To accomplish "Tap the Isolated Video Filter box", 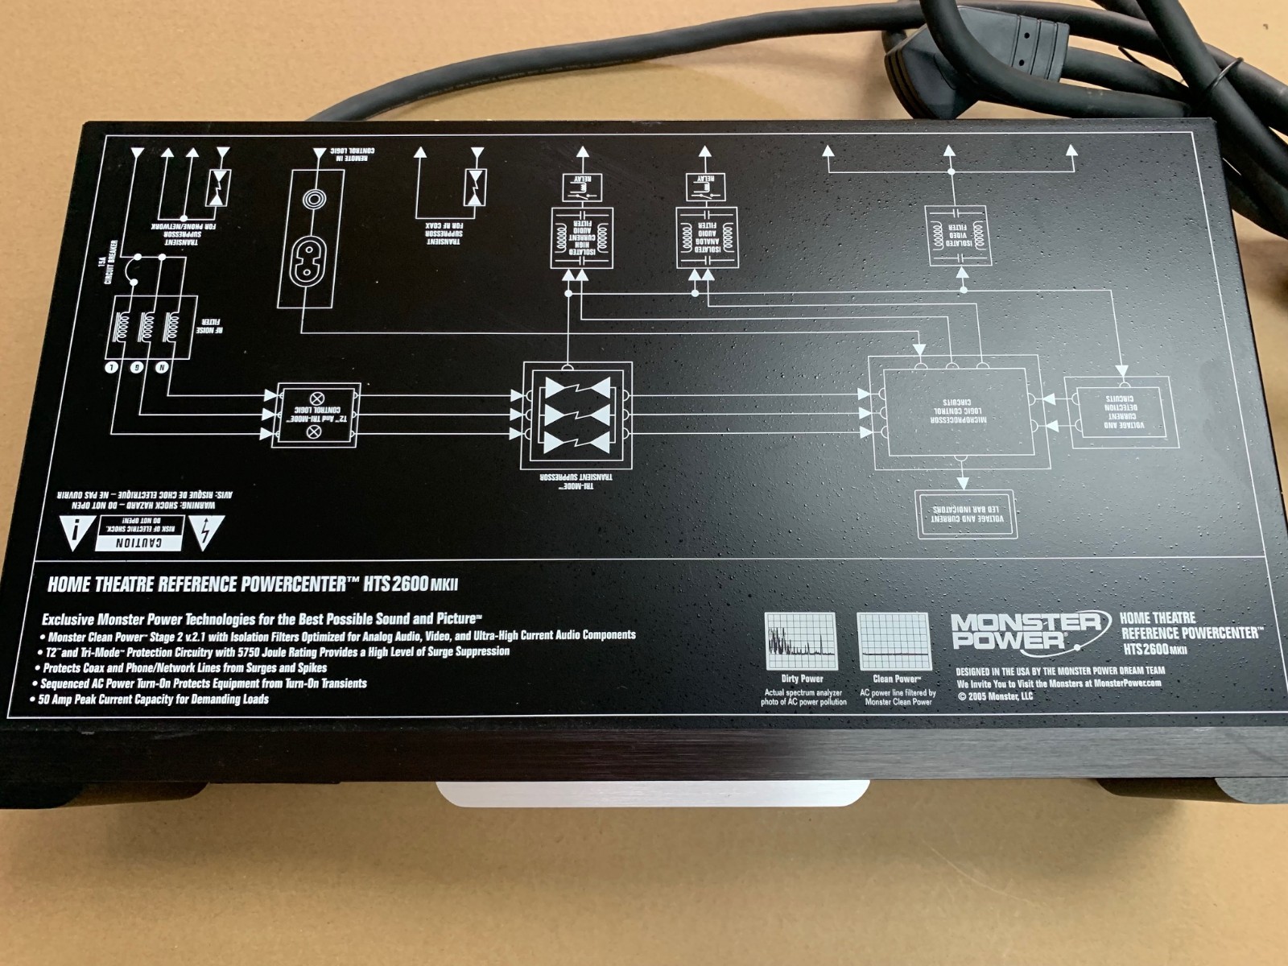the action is tap(958, 235).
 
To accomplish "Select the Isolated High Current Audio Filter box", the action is tap(580, 237).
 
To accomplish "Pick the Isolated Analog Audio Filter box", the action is tap(706, 237).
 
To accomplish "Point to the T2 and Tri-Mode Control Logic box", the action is tap(315, 415).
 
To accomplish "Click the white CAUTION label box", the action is tap(140, 535).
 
